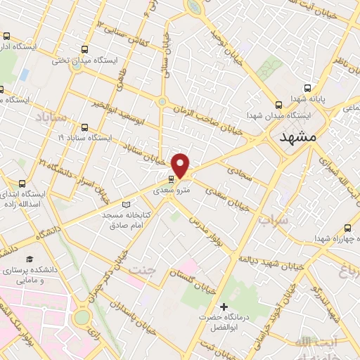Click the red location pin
[181, 165]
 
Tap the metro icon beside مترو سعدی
[173, 179]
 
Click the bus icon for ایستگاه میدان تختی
[85, 50]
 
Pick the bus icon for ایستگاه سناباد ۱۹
[85, 127]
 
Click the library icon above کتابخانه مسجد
[127, 204]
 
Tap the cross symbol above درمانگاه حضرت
[224, 307]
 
